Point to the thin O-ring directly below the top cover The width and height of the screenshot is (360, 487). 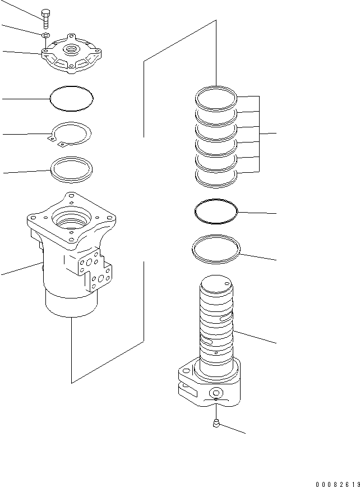[71, 98]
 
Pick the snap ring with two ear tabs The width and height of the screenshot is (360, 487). [70, 135]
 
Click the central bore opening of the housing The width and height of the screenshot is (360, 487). [72, 218]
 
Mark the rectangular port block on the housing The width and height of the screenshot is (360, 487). [91, 269]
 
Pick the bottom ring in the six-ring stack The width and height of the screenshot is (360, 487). [216, 176]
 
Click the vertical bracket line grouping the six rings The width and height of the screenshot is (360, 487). [260, 134]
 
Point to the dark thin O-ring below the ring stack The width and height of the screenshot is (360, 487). [216, 212]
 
